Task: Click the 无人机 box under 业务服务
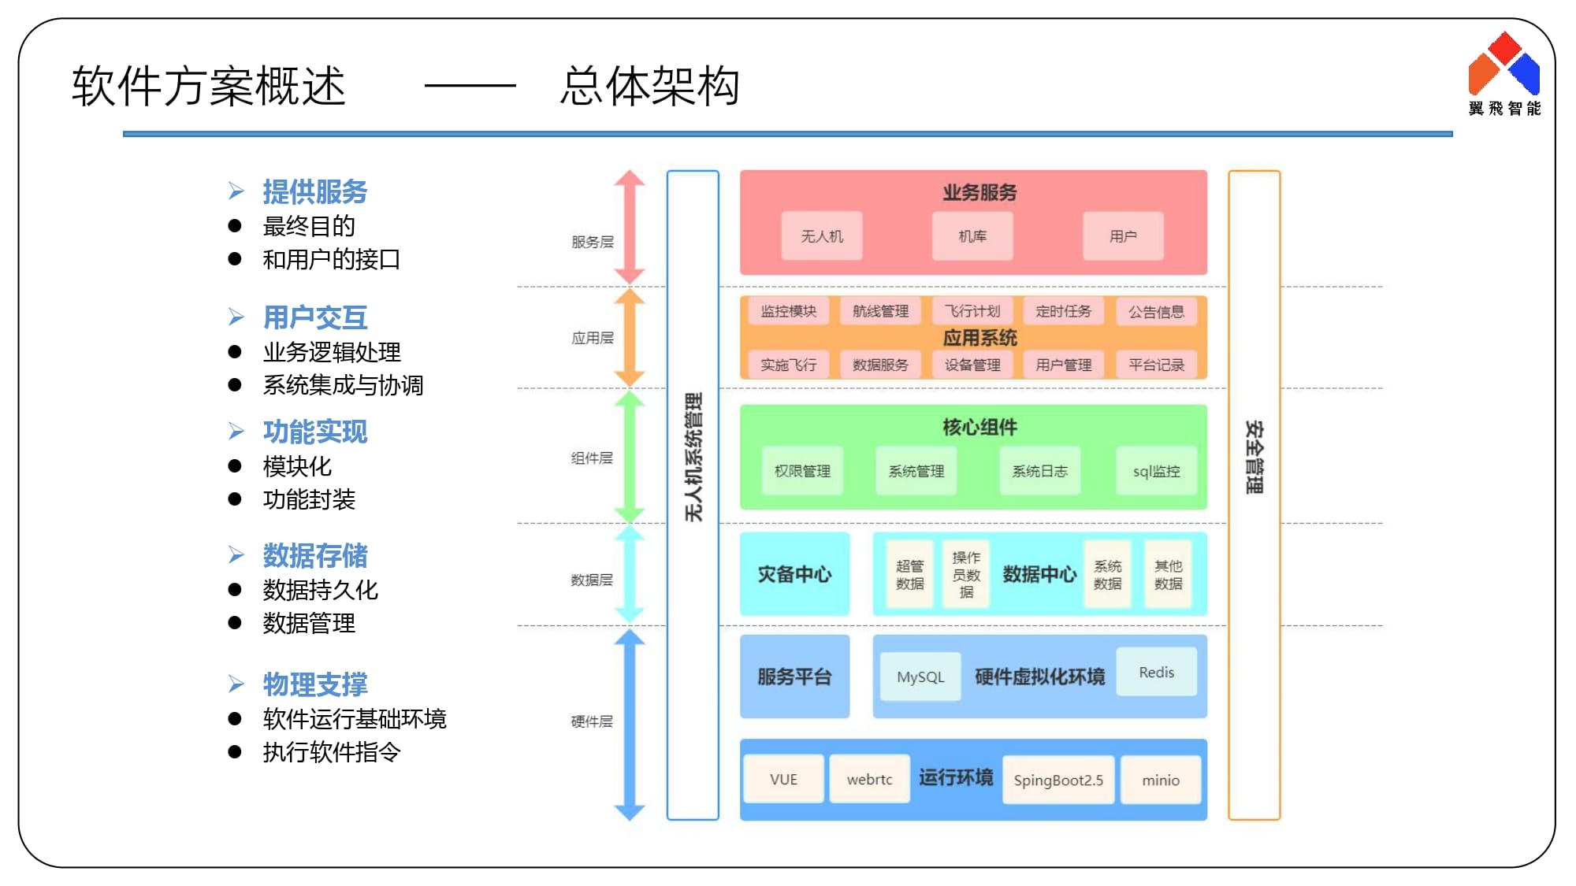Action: pyautogui.click(x=822, y=235)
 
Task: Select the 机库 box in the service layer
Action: pyautogui.click(x=972, y=235)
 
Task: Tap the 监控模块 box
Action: pyautogui.click(x=788, y=311)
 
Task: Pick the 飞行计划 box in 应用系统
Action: pyautogui.click(x=972, y=311)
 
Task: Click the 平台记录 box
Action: pyautogui.click(x=1156, y=365)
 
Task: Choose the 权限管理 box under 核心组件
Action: pyautogui.click(x=802, y=471)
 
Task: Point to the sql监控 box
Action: pyautogui.click(x=1156, y=471)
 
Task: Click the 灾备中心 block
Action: pyautogui.click(x=794, y=574)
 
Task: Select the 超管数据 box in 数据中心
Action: pyautogui.click(x=910, y=574)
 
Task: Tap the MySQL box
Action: pyautogui.click(x=920, y=677)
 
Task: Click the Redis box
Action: pyautogui.click(x=1156, y=672)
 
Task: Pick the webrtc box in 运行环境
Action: pyautogui.click(x=869, y=779)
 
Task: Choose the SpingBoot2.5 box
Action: pyautogui.click(x=1058, y=780)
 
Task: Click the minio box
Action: pyautogui.click(x=1161, y=780)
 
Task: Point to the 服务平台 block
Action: pyautogui.click(x=794, y=677)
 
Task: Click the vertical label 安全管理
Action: pyautogui.click(x=1254, y=457)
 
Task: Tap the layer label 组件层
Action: pyautogui.click(x=592, y=458)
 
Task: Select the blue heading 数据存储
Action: pyautogui.click(x=315, y=555)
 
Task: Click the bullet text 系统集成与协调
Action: pyautogui.click(x=343, y=385)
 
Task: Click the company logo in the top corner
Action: pyautogui.click(x=1504, y=73)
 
